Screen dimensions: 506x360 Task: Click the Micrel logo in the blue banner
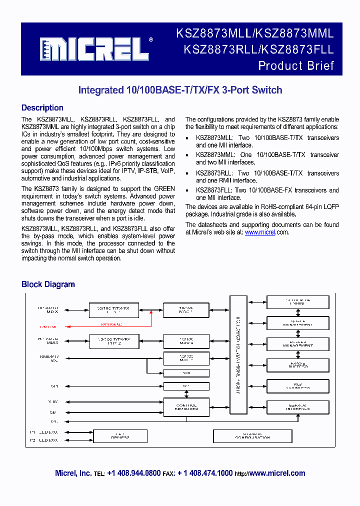pyautogui.click(x=94, y=48)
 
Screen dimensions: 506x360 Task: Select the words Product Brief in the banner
pyautogui.click(x=296, y=65)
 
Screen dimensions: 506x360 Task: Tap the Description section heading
pyautogui.click(x=42, y=108)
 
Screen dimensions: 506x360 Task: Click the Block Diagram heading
pyautogui.click(x=48, y=284)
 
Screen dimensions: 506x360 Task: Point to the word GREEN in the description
pyautogui.click(x=164, y=189)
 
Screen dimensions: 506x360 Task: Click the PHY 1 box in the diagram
pyautogui.click(x=113, y=310)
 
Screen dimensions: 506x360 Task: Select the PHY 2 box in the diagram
pyautogui.click(x=113, y=341)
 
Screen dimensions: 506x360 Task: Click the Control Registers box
pyautogui.click(x=186, y=407)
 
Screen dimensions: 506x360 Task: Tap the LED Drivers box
pyautogui.click(x=120, y=436)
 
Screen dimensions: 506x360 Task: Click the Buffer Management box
pyautogui.click(x=298, y=344)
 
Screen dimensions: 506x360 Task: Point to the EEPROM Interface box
pyautogui.click(x=298, y=407)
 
